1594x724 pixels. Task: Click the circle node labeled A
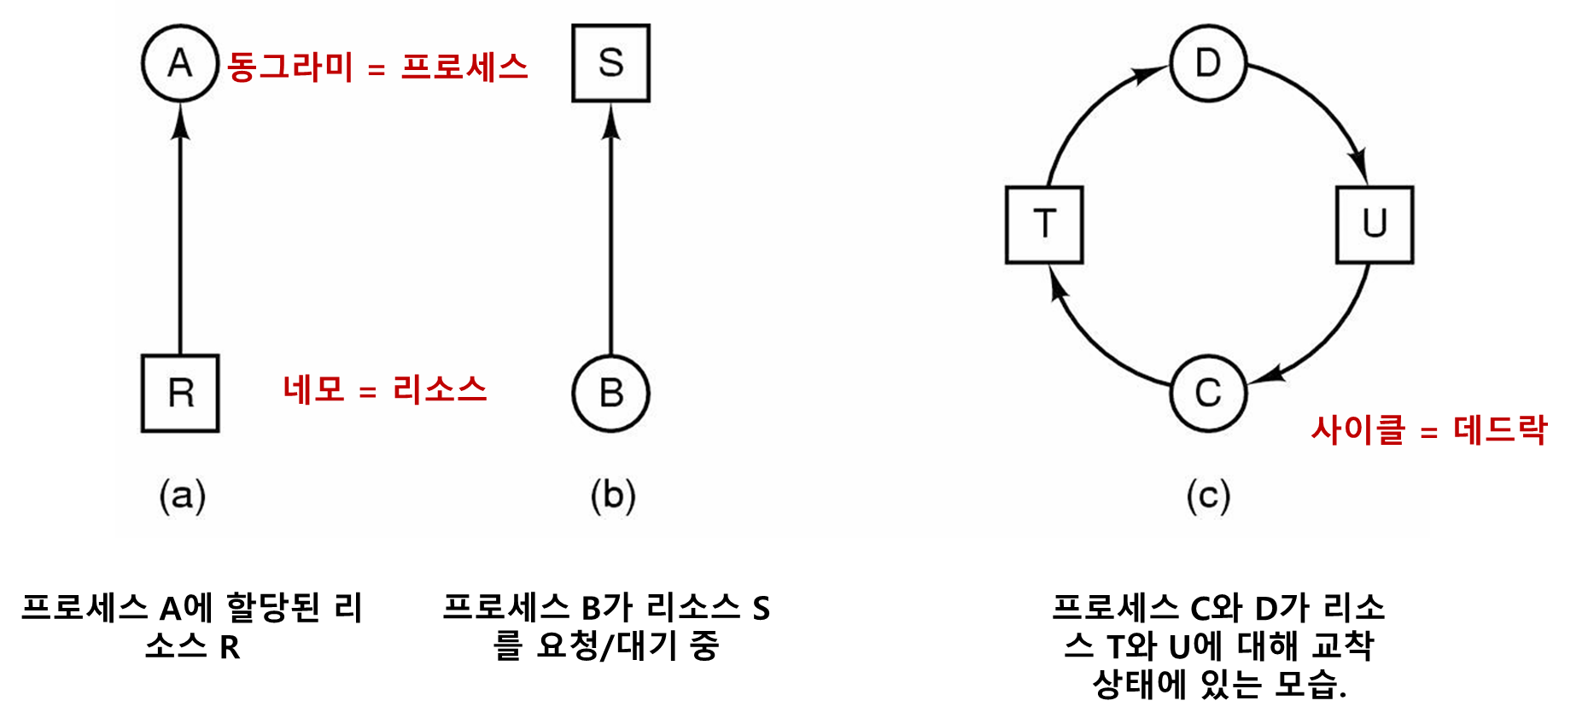click(x=180, y=63)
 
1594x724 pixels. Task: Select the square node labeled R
click(x=180, y=394)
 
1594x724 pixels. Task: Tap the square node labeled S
click(x=610, y=63)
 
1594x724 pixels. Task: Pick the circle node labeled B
click(x=610, y=394)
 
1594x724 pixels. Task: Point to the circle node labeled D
click(x=1208, y=63)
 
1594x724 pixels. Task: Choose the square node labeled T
click(x=1044, y=225)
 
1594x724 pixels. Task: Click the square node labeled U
click(x=1375, y=225)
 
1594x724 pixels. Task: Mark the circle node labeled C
click(x=1208, y=394)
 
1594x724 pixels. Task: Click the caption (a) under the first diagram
click(x=183, y=496)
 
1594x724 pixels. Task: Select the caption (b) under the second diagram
click(x=613, y=496)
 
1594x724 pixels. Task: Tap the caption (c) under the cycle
click(x=1208, y=496)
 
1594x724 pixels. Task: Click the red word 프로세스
click(x=464, y=67)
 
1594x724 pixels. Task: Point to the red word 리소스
click(x=440, y=390)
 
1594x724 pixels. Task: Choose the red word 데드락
click(x=1499, y=429)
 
